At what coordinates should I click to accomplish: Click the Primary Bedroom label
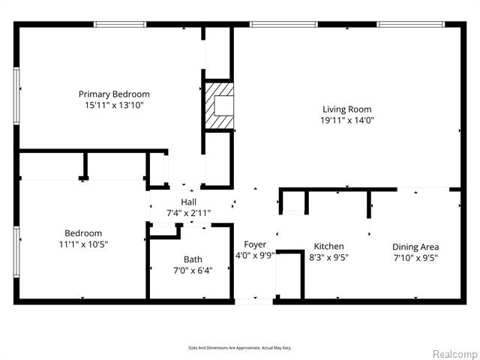click(114, 94)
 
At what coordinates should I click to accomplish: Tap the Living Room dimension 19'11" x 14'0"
click(347, 120)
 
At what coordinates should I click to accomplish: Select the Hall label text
click(188, 202)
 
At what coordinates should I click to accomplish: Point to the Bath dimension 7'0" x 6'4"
click(193, 271)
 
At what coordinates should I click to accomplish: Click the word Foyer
click(255, 244)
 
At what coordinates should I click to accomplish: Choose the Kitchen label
click(328, 246)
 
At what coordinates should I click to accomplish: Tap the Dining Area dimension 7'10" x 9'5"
click(415, 258)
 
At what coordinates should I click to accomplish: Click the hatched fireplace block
click(219, 106)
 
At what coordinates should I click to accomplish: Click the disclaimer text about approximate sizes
click(240, 348)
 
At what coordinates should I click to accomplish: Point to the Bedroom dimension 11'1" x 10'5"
click(83, 244)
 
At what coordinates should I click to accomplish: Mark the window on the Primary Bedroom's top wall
click(120, 25)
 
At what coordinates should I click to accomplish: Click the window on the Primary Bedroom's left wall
click(16, 96)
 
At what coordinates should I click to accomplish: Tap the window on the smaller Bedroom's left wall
click(16, 252)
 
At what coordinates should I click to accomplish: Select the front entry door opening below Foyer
click(253, 301)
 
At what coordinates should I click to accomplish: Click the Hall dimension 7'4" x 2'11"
click(188, 213)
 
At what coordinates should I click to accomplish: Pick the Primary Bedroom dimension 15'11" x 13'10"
click(114, 105)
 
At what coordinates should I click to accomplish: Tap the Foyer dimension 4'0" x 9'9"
click(255, 255)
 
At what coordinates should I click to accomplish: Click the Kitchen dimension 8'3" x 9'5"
click(328, 257)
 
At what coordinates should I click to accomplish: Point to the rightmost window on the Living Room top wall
click(410, 25)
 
